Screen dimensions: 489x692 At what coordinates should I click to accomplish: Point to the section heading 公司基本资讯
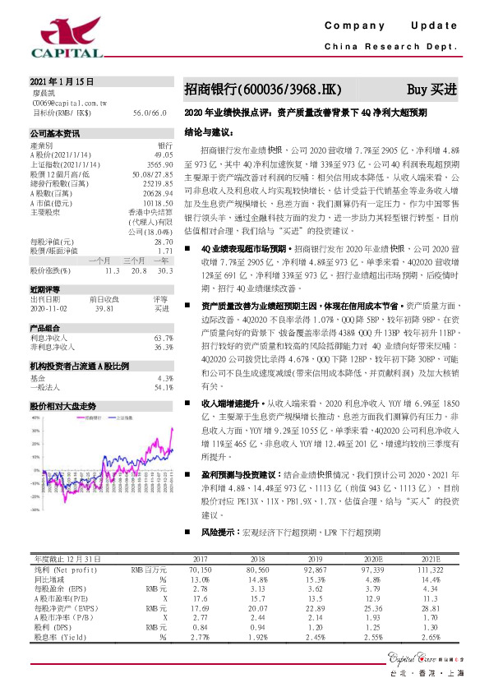(55, 132)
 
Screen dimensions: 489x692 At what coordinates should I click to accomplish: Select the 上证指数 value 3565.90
(159, 164)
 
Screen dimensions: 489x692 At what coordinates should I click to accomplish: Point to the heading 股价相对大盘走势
(63, 406)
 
